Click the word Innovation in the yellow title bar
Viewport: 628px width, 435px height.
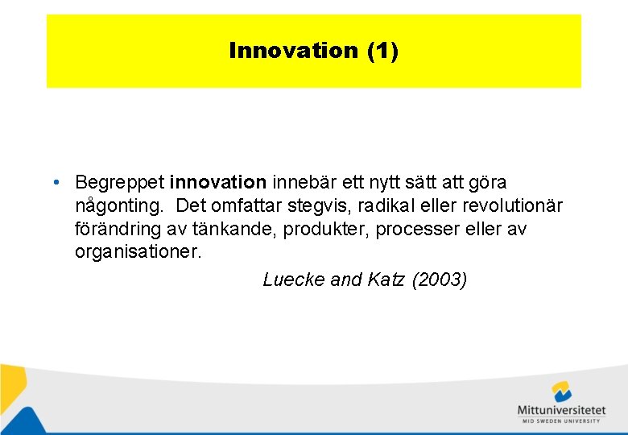[x=293, y=51]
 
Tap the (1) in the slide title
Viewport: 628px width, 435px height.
[x=382, y=51]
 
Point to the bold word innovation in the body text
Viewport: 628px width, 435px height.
[x=217, y=183]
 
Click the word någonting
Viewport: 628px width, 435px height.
[x=119, y=206]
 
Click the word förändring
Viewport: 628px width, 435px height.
[x=117, y=229]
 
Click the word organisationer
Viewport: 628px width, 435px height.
[x=138, y=252]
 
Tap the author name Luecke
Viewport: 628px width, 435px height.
[x=294, y=280]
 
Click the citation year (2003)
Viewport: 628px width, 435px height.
[x=440, y=280]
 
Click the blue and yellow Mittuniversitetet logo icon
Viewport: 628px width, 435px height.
[x=561, y=392]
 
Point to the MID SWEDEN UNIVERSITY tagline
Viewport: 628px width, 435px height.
[x=561, y=420]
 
